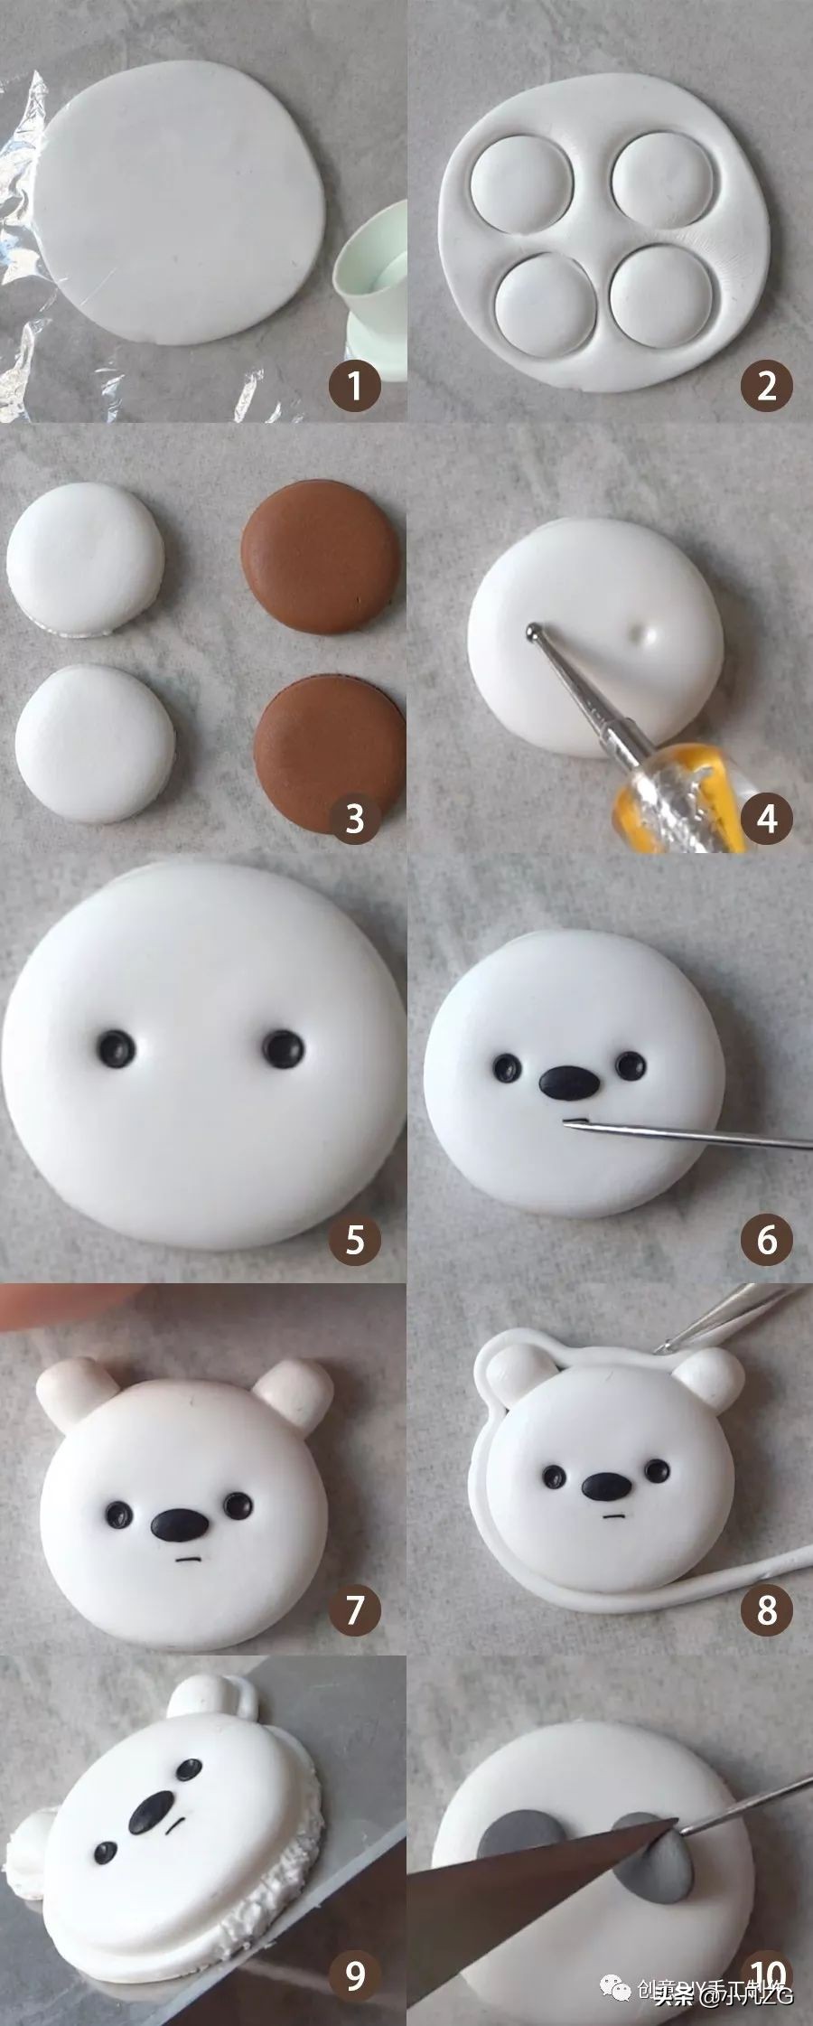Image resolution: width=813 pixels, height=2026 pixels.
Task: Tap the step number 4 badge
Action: pos(767,819)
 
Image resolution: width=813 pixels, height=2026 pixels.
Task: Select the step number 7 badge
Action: pos(355,1609)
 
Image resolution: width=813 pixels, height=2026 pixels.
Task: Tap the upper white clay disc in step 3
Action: pos(86,558)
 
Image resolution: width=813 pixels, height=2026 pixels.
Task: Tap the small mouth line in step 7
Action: pos(188,1560)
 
